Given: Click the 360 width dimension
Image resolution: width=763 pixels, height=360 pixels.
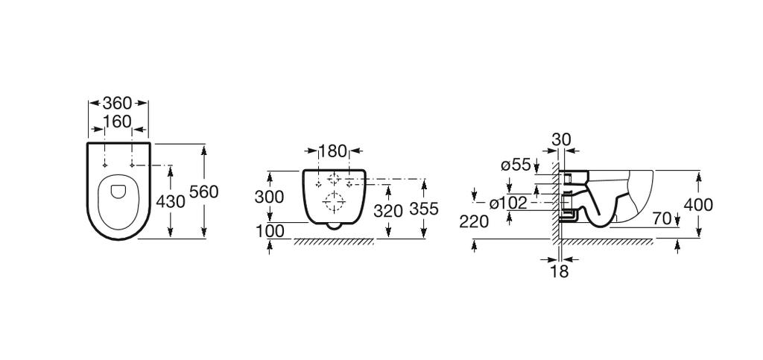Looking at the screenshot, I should (x=117, y=104).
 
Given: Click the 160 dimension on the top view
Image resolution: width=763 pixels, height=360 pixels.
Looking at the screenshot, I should (x=117, y=121).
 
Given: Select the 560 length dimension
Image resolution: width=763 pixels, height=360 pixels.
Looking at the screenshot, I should (x=204, y=192).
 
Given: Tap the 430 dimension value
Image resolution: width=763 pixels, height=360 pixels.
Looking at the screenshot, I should (x=171, y=201).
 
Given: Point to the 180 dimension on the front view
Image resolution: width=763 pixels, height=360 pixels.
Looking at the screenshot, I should (x=333, y=151).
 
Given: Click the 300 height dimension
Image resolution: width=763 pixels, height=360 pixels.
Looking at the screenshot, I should (x=269, y=197).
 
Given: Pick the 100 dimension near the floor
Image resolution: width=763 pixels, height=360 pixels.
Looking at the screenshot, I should (x=270, y=231).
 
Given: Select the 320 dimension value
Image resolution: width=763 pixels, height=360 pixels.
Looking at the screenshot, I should (x=387, y=210).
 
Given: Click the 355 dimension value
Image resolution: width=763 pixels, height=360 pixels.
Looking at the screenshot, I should (x=424, y=210).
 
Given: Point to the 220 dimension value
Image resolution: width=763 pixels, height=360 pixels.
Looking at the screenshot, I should (x=475, y=221).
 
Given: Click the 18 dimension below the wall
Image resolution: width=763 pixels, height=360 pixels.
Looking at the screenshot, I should (x=559, y=271).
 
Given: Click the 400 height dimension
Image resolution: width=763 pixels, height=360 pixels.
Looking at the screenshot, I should (x=698, y=204).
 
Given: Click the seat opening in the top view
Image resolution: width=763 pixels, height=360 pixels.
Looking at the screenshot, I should (x=118, y=191).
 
